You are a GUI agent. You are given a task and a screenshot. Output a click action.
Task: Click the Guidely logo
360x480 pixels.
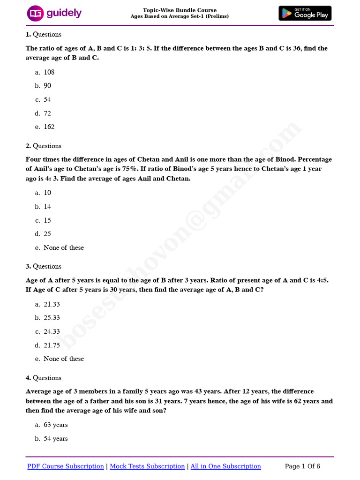pos(54,13)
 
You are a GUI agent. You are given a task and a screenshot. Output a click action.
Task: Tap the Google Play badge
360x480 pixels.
pos(305,13)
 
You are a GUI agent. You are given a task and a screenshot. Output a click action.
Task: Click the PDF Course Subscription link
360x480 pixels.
pos(66,466)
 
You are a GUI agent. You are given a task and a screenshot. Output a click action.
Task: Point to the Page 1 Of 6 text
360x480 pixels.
pos(302,466)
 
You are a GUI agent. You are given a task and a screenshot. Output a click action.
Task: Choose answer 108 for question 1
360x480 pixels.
pos(49,72)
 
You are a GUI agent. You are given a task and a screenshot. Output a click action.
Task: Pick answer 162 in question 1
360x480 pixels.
pos(49,127)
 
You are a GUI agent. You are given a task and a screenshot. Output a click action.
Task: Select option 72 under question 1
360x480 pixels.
pos(47,113)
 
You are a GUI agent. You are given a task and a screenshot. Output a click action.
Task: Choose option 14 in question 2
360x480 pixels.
pos(47,206)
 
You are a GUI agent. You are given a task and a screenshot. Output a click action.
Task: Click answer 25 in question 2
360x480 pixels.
pos(47,233)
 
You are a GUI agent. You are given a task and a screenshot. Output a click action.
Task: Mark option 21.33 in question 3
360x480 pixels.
pos(52,304)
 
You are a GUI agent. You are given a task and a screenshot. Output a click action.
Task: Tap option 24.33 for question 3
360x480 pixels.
pos(52,331)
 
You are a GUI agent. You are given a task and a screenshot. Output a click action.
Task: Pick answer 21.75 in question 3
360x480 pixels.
pos(52,345)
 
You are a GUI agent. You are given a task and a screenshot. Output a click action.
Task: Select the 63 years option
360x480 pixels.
pos(55,425)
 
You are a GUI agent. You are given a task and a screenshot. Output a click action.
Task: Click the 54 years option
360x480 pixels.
pos(55,438)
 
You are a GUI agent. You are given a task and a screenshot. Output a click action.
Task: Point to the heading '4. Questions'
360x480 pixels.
pos(43,378)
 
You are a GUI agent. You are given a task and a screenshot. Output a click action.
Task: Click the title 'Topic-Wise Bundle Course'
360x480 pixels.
pos(180,10)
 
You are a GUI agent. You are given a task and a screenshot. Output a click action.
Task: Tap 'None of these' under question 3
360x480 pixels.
pos(63,359)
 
